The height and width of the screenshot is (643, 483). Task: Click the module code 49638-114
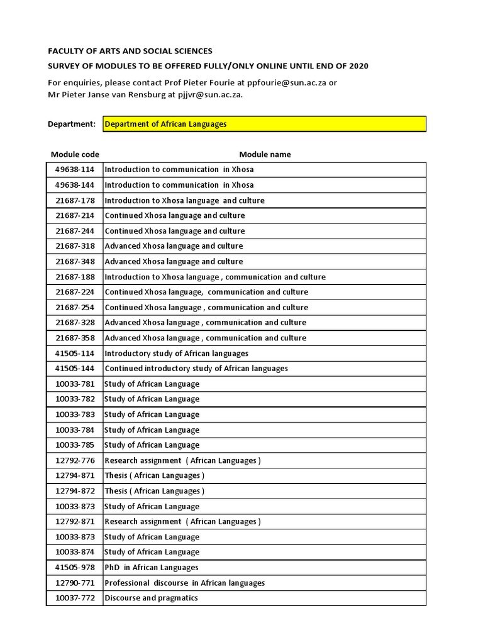[75, 170]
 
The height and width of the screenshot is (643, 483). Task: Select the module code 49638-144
[75, 185]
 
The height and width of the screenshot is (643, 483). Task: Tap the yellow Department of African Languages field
[264, 124]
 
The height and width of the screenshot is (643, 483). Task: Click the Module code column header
[75, 154]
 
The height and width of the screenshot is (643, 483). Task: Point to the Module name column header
[265, 154]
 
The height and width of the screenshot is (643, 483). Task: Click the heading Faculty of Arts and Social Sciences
[130, 51]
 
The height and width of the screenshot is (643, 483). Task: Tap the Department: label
[72, 124]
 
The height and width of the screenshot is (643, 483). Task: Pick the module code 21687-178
[75, 200]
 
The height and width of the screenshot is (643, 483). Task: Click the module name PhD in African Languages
[152, 568]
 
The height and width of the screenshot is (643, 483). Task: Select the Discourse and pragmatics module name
[151, 598]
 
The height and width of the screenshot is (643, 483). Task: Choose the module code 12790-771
[75, 583]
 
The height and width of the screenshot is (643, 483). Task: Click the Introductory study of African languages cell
[176, 354]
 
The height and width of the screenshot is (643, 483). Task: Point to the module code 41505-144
[75, 369]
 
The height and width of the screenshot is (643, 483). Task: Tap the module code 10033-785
[75, 445]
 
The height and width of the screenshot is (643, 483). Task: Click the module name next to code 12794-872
[154, 491]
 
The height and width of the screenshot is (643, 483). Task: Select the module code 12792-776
[75, 460]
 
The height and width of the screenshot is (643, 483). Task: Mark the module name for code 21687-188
[215, 277]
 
